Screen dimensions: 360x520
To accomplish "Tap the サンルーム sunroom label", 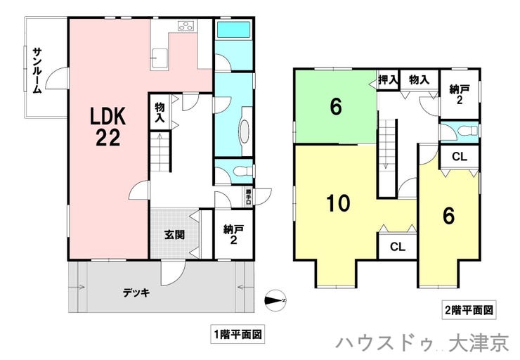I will pos(37,70).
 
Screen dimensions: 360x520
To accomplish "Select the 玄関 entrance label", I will pos(174,235).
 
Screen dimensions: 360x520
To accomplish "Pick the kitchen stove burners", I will pos(186,27).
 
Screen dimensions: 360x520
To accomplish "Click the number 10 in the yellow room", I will pos(338,203).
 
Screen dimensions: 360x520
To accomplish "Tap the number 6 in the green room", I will pos(336,108).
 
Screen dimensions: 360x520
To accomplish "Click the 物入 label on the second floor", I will pos(420,80).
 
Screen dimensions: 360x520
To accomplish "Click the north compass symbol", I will pos(275,298).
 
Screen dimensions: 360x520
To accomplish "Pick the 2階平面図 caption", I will pos(469,309).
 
